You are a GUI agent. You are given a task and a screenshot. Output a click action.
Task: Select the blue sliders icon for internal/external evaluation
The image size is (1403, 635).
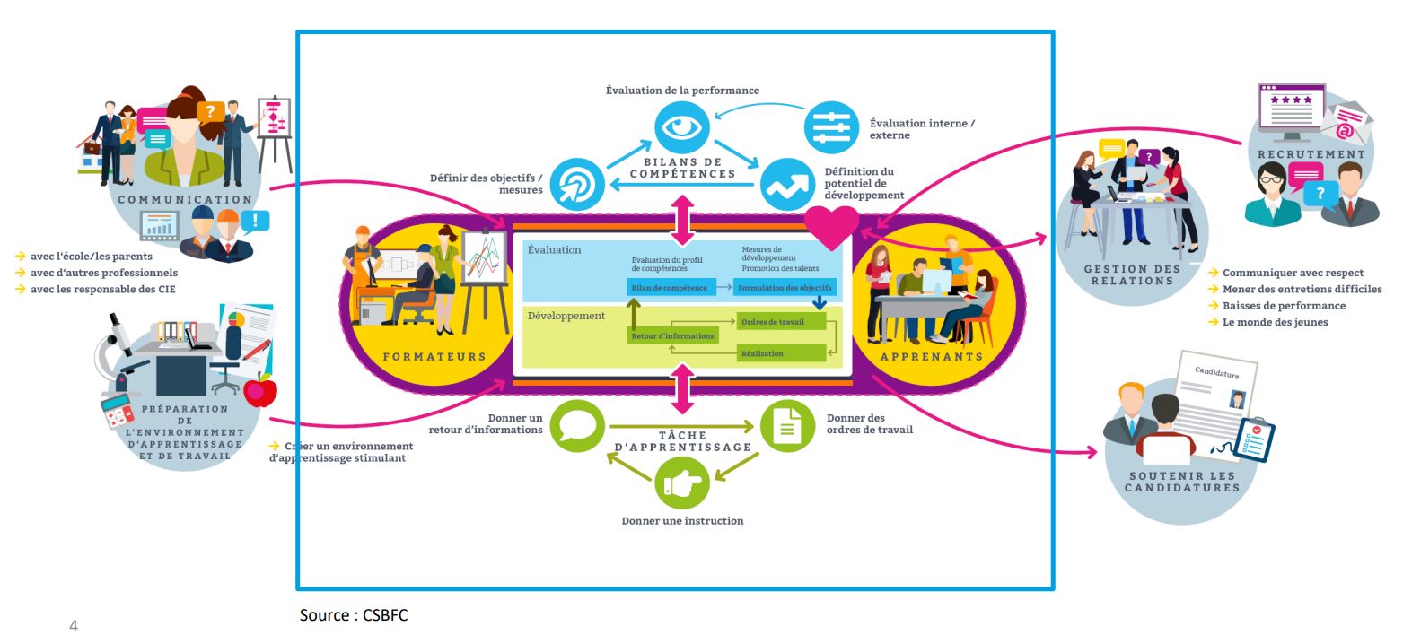(831, 126)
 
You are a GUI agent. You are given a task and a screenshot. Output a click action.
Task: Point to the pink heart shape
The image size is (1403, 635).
(831, 227)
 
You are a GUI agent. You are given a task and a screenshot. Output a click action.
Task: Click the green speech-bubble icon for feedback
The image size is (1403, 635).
(576, 425)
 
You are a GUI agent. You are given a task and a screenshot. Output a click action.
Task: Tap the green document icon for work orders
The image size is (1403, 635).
(787, 425)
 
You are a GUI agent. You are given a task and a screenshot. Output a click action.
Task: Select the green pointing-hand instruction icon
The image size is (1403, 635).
(682, 483)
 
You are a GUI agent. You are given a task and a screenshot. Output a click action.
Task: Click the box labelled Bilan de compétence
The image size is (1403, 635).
(667, 288)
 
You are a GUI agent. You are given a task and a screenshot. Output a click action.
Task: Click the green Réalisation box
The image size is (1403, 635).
(780, 353)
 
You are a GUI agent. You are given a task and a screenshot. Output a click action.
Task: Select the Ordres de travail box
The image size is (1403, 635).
(780, 322)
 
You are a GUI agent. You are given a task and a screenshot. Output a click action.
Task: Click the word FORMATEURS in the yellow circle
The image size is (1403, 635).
(434, 356)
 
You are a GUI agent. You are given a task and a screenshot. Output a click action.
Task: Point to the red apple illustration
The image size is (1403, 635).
(260, 391)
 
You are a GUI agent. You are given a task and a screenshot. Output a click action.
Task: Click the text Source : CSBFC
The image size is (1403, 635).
(354, 615)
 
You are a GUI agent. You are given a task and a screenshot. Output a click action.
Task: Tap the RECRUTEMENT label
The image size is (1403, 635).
(1311, 154)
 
